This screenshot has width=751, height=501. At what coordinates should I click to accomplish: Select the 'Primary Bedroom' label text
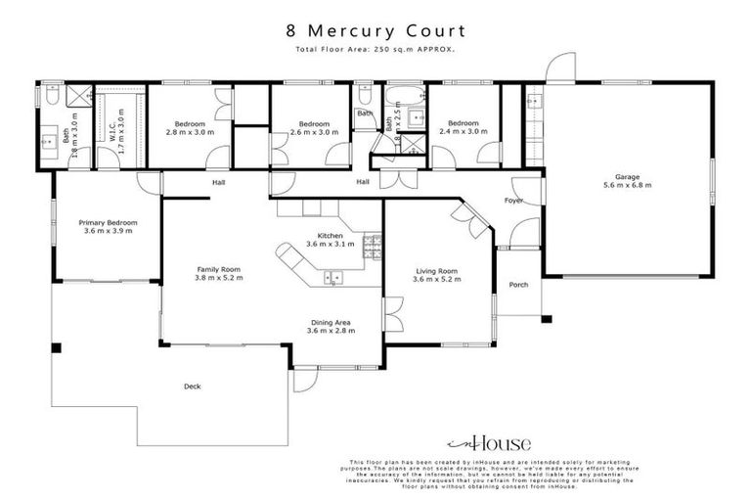point(108,223)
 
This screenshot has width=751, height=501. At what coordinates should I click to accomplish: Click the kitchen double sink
point(332,279)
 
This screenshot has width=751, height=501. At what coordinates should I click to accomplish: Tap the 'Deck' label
point(192,387)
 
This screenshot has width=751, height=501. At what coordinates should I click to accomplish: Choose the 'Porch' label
point(518,285)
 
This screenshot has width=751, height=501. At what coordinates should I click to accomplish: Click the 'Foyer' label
point(513,201)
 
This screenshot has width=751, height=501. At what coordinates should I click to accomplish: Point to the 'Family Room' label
point(217,269)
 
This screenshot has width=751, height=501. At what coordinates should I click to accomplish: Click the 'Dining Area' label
point(331,322)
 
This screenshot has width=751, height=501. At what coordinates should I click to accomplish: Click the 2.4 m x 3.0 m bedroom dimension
point(463,131)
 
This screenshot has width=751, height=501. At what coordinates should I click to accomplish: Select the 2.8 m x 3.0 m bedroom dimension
point(190,131)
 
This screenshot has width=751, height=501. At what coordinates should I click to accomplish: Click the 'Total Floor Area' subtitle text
point(375,49)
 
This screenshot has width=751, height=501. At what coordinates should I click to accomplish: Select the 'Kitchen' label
point(330,236)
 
